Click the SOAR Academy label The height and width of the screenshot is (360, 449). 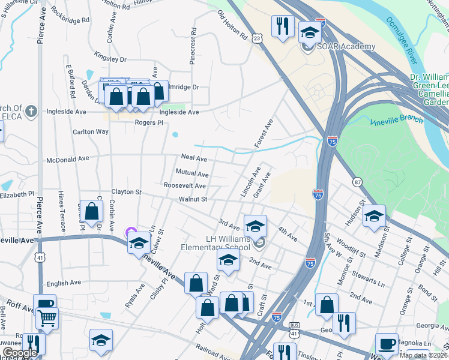[x=347, y=46]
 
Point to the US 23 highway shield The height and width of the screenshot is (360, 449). [x=257, y=38]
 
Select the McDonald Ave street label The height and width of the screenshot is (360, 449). [x=68, y=158]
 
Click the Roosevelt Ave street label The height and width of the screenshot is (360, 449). [x=185, y=186]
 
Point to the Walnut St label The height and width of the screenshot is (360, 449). [x=193, y=199]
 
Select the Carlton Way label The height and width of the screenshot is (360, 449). [x=91, y=131]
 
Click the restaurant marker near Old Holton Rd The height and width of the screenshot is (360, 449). [x=282, y=25]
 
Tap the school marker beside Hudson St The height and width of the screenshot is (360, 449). [x=373, y=216]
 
